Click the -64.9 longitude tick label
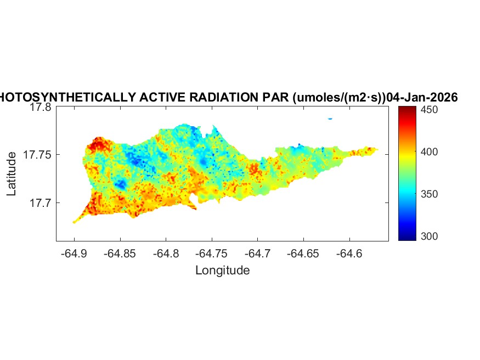tap(75, 254)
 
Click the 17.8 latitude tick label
tap(40, 108)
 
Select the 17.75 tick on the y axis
tap(37, 155)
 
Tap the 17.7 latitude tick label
tap(40, 203)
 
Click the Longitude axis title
tap(222, 270)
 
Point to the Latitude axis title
tap(12, 174)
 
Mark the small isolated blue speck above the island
tap(330, 119)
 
